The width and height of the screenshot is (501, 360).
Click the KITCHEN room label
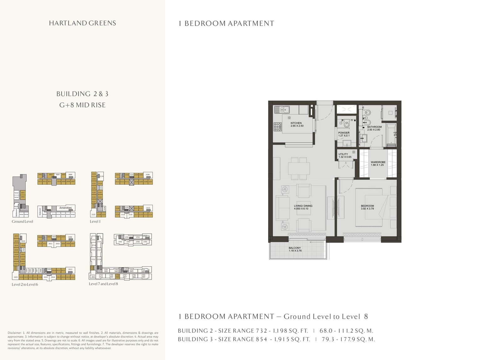point(296,123)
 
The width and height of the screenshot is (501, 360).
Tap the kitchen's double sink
point(282,110)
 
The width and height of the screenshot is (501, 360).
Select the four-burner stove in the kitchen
point(278,126)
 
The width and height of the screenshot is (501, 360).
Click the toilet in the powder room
point(346,124)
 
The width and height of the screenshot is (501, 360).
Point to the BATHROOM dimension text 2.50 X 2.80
point(374,130)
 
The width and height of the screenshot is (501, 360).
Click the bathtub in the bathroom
point(391,135)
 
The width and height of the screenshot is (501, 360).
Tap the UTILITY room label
point(343,154)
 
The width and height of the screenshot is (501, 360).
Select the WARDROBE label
point(378,162)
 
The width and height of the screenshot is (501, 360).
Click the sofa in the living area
point(282,208)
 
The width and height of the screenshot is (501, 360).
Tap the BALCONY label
point(295,248)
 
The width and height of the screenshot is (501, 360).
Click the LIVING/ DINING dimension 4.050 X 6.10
point(301,209)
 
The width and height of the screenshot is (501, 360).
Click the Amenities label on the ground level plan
point(65,208)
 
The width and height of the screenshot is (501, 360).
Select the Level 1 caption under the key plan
point(95,221)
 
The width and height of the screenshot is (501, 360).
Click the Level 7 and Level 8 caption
point(103,284)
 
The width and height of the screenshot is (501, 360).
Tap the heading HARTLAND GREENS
point(82,23)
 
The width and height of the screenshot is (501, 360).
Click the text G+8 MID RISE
point(82,105)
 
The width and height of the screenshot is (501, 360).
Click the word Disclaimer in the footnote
point(14,333)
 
